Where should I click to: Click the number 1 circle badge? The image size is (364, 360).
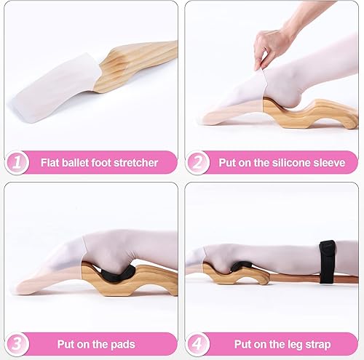tap(17, 162)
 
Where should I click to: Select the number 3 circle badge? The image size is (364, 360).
tap(17, 343)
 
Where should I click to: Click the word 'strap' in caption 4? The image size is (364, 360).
tap(316, 343)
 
